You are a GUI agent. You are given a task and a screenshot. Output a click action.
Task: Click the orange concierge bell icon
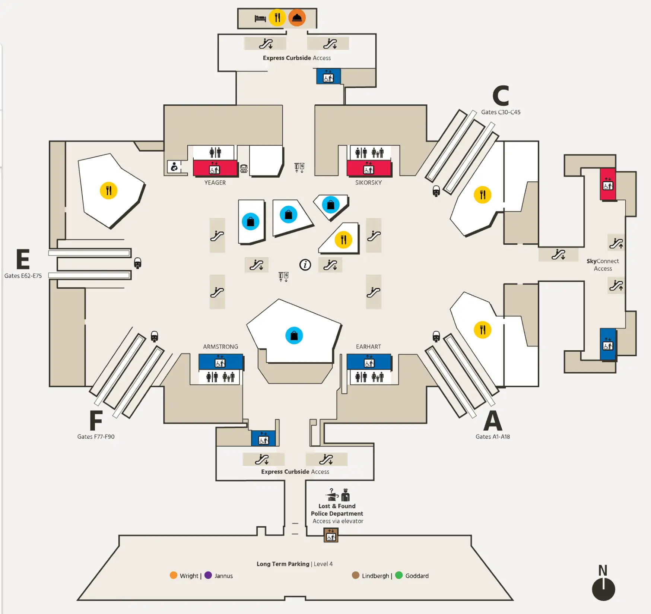297,18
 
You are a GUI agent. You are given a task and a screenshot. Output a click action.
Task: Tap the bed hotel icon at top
260,18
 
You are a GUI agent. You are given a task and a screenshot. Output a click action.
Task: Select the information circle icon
305,265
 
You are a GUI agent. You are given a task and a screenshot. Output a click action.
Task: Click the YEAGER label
215,183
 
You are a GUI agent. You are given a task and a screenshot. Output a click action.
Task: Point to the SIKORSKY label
368,183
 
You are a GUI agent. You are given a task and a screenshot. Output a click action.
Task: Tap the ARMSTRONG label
220,346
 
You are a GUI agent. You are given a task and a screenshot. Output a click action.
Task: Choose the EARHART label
368,346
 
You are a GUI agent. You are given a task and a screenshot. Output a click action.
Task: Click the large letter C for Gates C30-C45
501,96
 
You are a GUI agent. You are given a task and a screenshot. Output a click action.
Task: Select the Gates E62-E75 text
23,276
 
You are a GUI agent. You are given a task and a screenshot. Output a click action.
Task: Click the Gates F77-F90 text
96,437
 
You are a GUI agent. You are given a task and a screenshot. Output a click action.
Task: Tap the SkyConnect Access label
603,265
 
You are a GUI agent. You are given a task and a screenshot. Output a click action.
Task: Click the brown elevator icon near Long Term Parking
331,536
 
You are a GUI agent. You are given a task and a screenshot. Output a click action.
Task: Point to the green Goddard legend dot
399,575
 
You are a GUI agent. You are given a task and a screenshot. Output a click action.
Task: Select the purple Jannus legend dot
208,575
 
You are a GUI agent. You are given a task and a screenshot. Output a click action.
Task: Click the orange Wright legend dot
174,575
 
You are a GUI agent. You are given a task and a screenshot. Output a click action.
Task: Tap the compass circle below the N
603,589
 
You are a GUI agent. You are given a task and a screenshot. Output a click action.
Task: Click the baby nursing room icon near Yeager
174,167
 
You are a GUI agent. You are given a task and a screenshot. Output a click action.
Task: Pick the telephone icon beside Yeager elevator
244,169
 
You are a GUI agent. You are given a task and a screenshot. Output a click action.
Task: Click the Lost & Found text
337,506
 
